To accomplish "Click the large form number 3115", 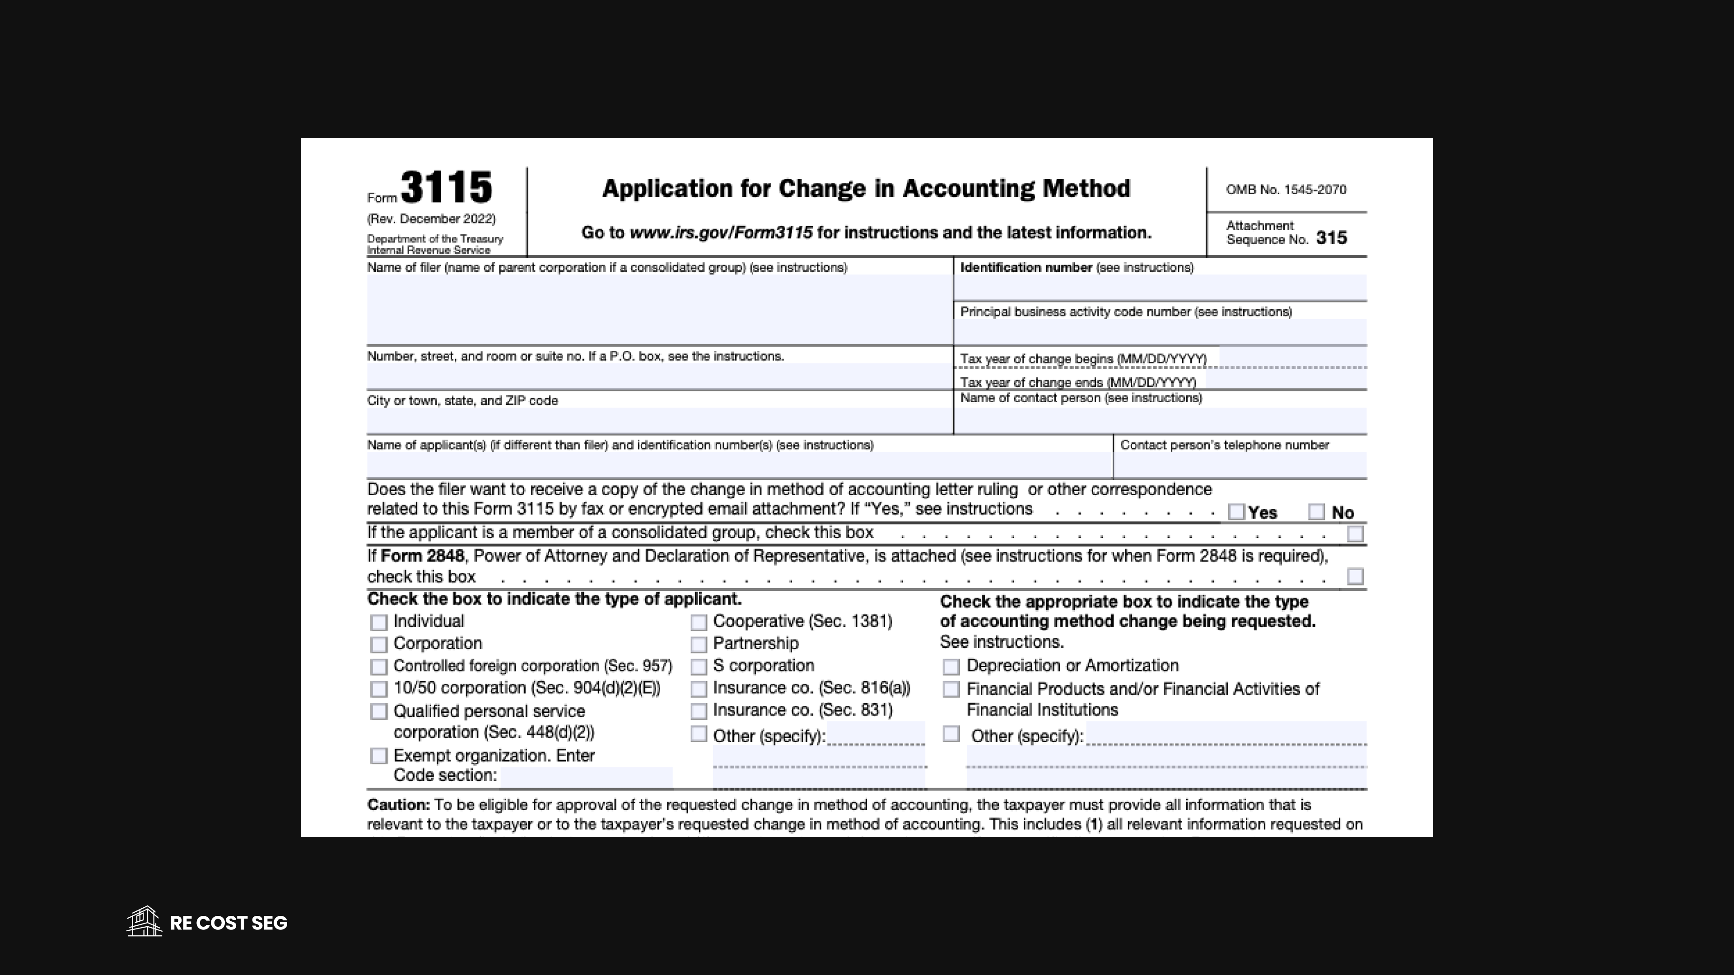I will [x=446, y=188].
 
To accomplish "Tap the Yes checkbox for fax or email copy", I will [x=1236, y=512].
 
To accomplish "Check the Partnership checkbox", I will [x=699, y=645].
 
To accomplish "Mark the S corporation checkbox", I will [x=699, y=667].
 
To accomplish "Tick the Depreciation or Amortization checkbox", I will [x=951, y=667].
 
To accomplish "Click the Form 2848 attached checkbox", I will [x=1355, y=577].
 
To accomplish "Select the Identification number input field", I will [x=1160, y=288].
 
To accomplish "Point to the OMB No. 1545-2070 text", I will [x=1286, y=190].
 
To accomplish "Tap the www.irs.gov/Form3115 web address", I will [x=721, y=233].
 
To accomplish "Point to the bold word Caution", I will [x=398, y=805].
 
